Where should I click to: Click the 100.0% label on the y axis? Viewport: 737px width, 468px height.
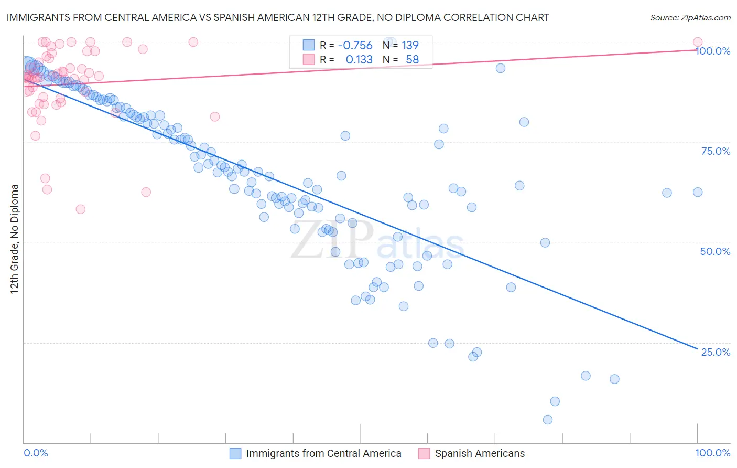click(713, 51)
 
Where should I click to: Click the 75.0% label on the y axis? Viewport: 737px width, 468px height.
click(716, 151)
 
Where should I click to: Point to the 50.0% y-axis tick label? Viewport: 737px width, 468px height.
click(715, 251)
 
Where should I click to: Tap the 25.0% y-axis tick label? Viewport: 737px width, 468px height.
click(716, 352)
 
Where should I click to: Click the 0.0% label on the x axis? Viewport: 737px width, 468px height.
click(36, 453)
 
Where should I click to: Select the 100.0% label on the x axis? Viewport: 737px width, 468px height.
click(712, 453)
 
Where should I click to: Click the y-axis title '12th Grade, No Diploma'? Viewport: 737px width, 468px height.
click(15, 239)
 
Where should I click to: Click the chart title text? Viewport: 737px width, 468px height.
click(278, 17)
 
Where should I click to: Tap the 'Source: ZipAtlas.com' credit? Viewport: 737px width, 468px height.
click(690, 18)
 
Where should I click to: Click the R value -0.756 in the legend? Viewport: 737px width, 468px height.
click(355, 45)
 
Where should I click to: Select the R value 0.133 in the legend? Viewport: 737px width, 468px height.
click(359, 60)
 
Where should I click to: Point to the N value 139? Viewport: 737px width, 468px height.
click(410, 45)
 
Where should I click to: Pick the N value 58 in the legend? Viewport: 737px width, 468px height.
click(413, 60)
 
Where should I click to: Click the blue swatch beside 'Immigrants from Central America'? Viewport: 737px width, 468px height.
click(235, 453)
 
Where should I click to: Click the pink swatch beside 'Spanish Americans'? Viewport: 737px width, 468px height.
click(424, 453)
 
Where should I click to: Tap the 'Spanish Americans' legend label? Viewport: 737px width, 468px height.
click(480, 453)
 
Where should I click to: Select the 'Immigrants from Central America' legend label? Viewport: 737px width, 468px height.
click(323, 453)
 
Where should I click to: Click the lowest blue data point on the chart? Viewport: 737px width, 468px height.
click(548, 420)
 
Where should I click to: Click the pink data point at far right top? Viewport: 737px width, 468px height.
click(698, 42)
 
